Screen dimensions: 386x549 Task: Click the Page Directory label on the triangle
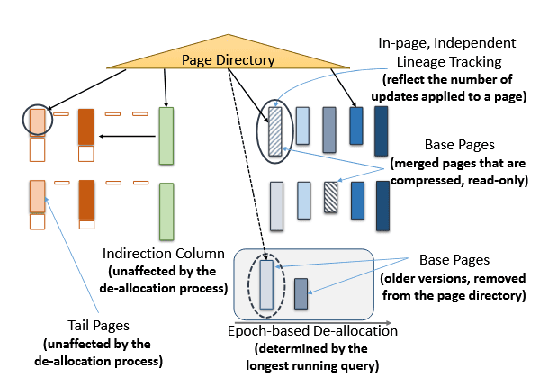coord(228,60)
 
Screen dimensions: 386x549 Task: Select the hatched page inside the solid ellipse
coord(275,131)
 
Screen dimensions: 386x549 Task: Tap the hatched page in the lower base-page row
coord(331,197)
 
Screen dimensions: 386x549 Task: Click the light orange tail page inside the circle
coord(37,121)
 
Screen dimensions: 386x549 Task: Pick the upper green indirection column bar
coord(166,136)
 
